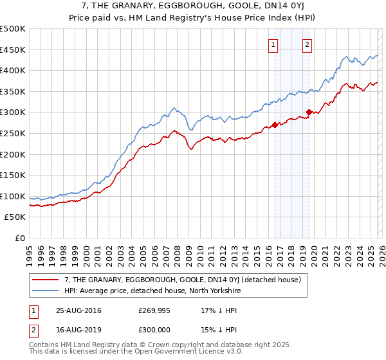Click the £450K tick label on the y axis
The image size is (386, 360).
[13, 50]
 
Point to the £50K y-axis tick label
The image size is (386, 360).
[15, 217]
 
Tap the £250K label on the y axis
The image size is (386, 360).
[13, 133]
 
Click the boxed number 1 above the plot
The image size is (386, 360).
[274, 44]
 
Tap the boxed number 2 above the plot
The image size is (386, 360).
[308, 44]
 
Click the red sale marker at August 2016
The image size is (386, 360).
[275, 125]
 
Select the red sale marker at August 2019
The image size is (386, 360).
[309, 113]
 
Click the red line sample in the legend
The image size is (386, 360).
[46, 280]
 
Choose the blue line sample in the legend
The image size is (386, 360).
[46, 291]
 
